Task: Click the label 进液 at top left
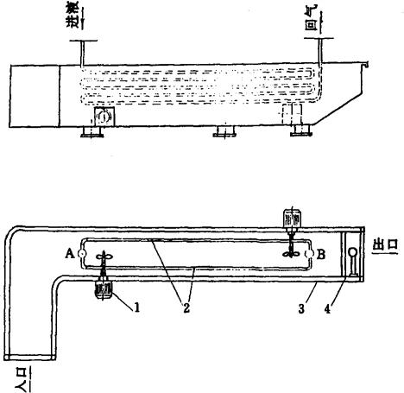[x=73, y=18]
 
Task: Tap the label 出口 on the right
[x=385, y=245]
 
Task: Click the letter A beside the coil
[x=70, y=254]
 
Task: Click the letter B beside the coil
[x=321, y=254]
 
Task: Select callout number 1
[x=137, y=307]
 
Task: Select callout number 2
[x=186, y=308]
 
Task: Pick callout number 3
[x=301, y=309]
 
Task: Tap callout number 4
[x=327, y=309]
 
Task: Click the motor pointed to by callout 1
[x=104, y=289]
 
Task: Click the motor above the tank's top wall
[x=292, y=219]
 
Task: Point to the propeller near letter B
[x=292, y=253]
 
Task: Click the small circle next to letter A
[x=82, y=254]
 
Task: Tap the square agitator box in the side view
[x=104, y=117]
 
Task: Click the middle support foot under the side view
[x=224, y=131]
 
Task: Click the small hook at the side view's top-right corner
[x=366, y=65]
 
